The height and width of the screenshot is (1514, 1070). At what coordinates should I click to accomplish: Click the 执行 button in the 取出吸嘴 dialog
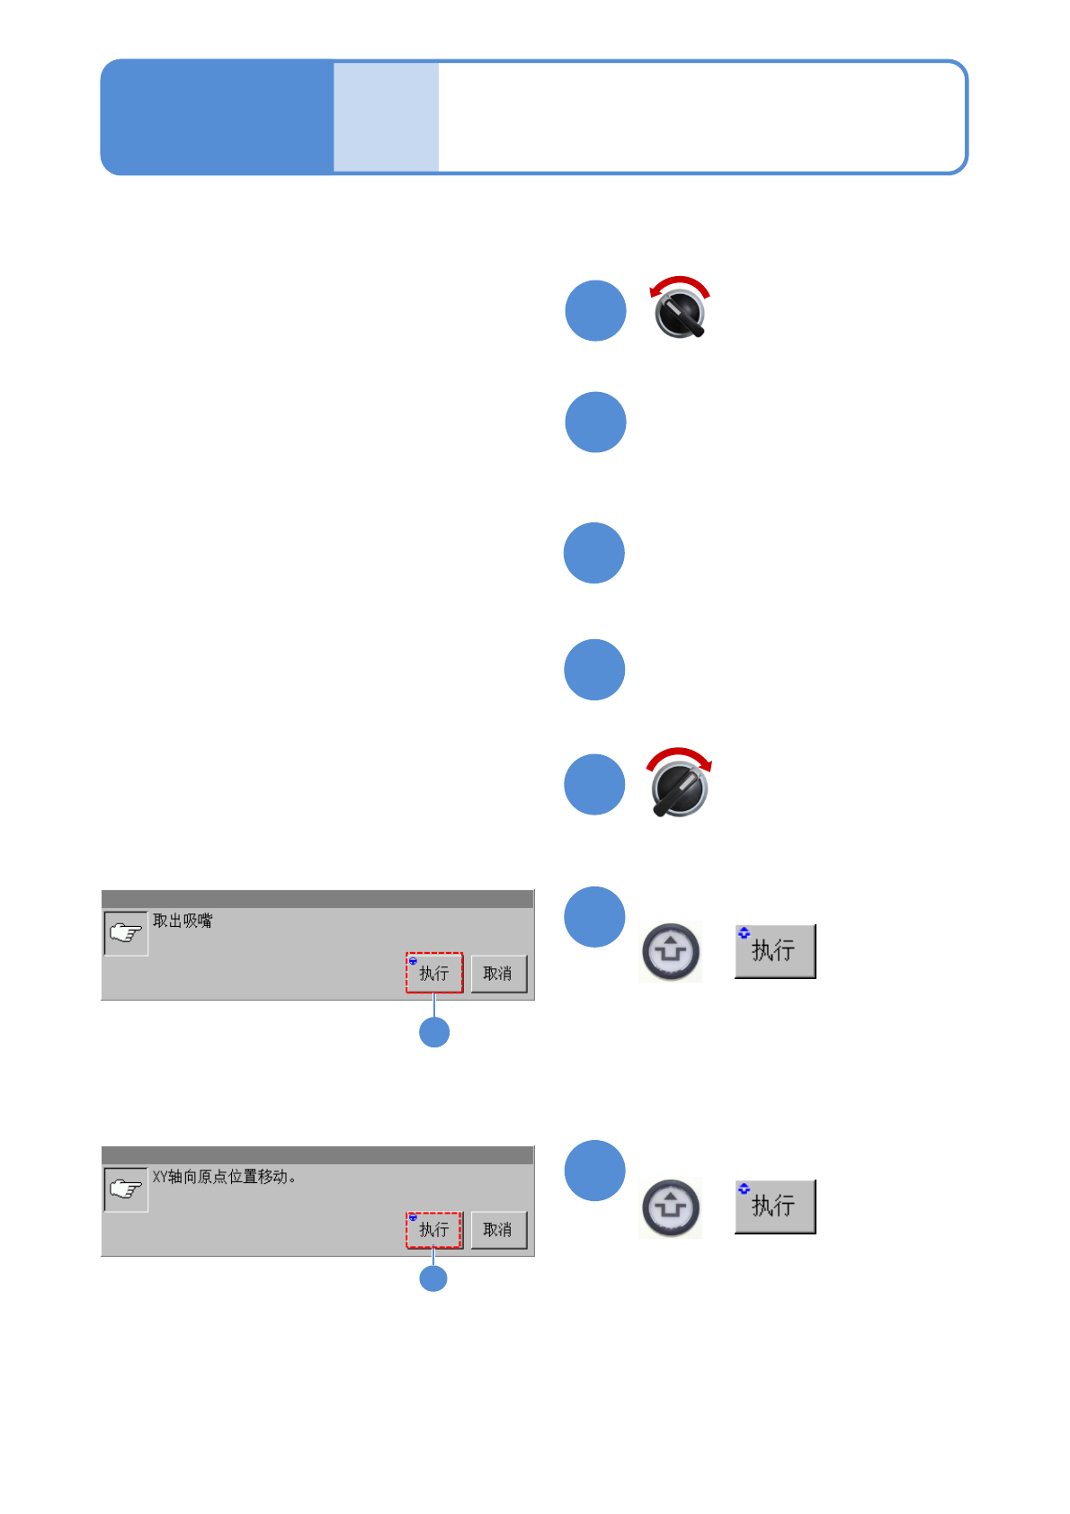click(x=434, y=973)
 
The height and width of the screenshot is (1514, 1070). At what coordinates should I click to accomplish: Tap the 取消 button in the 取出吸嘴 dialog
click(x=498, y=974)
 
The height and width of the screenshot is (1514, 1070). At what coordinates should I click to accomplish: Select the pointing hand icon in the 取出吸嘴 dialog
click(x=126, y=933)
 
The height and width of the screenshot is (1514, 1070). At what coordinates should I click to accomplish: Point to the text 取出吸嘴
click(x=183, y=921)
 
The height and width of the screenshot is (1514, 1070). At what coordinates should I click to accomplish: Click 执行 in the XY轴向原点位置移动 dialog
click(x=434, y=1229)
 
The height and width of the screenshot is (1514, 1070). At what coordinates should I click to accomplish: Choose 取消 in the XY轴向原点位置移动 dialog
click(x=498, y=1229)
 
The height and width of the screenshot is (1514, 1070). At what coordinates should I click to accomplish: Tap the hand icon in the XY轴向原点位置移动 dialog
click(x=126, y=1189)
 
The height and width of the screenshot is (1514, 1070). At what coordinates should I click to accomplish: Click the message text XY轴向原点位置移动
click(x=224, y=1177)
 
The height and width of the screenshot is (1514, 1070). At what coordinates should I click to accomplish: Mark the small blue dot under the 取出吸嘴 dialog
click(x=434, y=1032)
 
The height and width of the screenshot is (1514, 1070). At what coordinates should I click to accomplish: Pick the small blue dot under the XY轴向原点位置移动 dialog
click(x=433, y=1278)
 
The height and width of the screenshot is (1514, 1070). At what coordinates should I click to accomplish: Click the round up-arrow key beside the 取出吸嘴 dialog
click(x=670, y=951)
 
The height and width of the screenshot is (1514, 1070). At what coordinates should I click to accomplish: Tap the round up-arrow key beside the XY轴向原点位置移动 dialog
click(x=670, y=1207)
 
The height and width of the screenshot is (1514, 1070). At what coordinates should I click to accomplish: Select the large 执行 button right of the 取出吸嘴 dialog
click(x=774, y=951)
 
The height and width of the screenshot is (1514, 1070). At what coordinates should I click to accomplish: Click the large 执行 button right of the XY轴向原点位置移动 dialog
click(x=774, y=1207)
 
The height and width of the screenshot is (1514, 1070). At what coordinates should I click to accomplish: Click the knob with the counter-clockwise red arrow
click(x=681, y=314)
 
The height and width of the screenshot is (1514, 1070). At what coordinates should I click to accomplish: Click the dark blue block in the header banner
click(x=217, y=117)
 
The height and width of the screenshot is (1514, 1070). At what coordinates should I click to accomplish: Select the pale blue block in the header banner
click(x=386, y=117)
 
